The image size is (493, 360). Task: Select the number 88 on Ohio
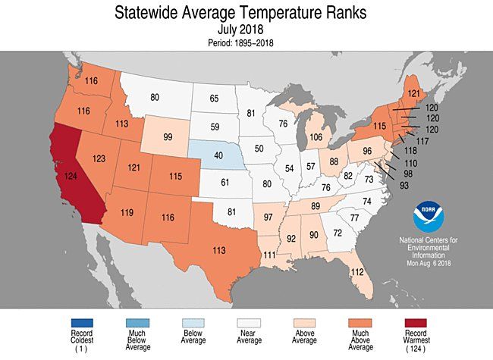click(x=334, y=161)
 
